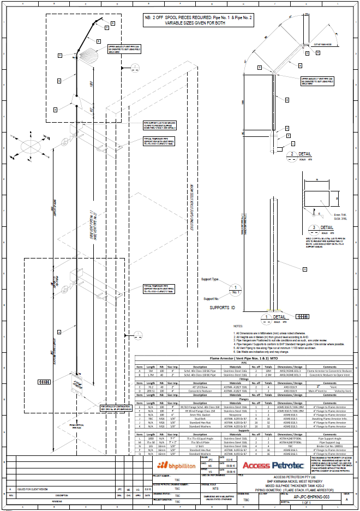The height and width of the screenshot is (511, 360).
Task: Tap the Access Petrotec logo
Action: click(274, 465)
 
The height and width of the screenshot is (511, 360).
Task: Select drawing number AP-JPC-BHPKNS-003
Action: click(311, 497)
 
